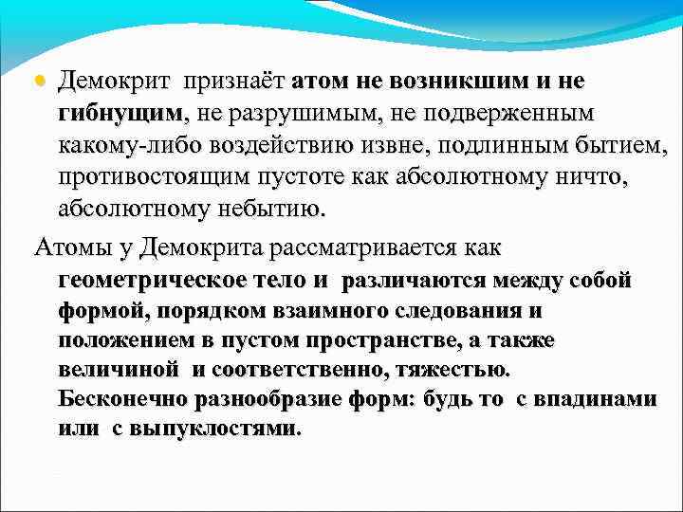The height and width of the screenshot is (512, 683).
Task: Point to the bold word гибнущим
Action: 122,114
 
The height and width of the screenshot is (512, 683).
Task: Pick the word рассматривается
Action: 363,248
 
